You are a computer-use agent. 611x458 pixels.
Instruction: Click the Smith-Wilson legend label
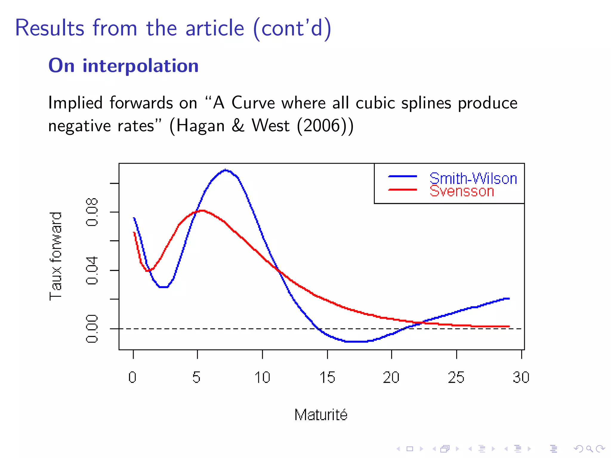[x=473, y=179]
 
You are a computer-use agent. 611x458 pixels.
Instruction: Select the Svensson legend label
[x=462, y=191]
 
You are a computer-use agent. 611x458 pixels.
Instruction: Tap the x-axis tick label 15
[x=327, y=377]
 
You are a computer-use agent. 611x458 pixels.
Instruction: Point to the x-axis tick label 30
[x=521, y=377]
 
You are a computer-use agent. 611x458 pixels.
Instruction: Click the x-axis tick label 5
[x=196, y=377]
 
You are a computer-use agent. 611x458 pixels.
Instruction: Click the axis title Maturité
[x=321, y=415]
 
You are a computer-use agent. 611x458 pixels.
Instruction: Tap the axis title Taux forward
[x=56, y=256]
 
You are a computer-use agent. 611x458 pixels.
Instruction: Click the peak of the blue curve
[x=226, y=170]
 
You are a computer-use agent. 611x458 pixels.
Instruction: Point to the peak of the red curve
[x=202, y=211]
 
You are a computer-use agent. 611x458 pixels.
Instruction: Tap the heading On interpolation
[x=124, y=66]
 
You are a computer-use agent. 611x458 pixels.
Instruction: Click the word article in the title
[x=215, y=28]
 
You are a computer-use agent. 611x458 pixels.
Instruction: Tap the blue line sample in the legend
[x=402, y=177]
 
